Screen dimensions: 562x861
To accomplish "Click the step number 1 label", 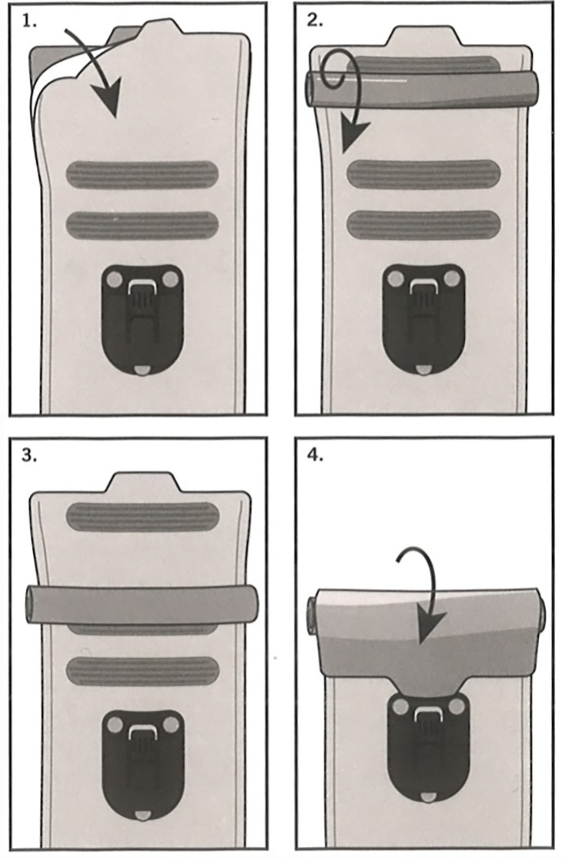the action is [29, 22].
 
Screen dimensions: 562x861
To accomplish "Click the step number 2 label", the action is [314, 22].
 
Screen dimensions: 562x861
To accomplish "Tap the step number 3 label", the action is [29, 457].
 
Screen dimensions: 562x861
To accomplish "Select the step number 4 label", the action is [314, 457].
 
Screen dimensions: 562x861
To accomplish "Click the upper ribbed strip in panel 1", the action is [142, 175].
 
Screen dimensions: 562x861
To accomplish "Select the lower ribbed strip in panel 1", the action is [142, 225].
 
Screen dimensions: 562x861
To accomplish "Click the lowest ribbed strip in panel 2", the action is [423, 225].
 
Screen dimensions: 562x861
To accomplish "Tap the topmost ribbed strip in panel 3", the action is [142, 517].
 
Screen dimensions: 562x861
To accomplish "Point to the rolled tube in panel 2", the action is [422, 89].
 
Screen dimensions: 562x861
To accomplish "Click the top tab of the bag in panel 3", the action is [142, 483].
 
